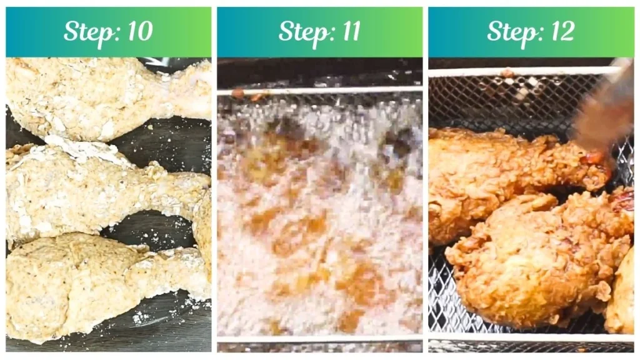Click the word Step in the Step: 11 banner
click(x=300, y=31)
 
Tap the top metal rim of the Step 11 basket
click(x=319, y=91)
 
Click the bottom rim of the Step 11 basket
click(x=319, y=339)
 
